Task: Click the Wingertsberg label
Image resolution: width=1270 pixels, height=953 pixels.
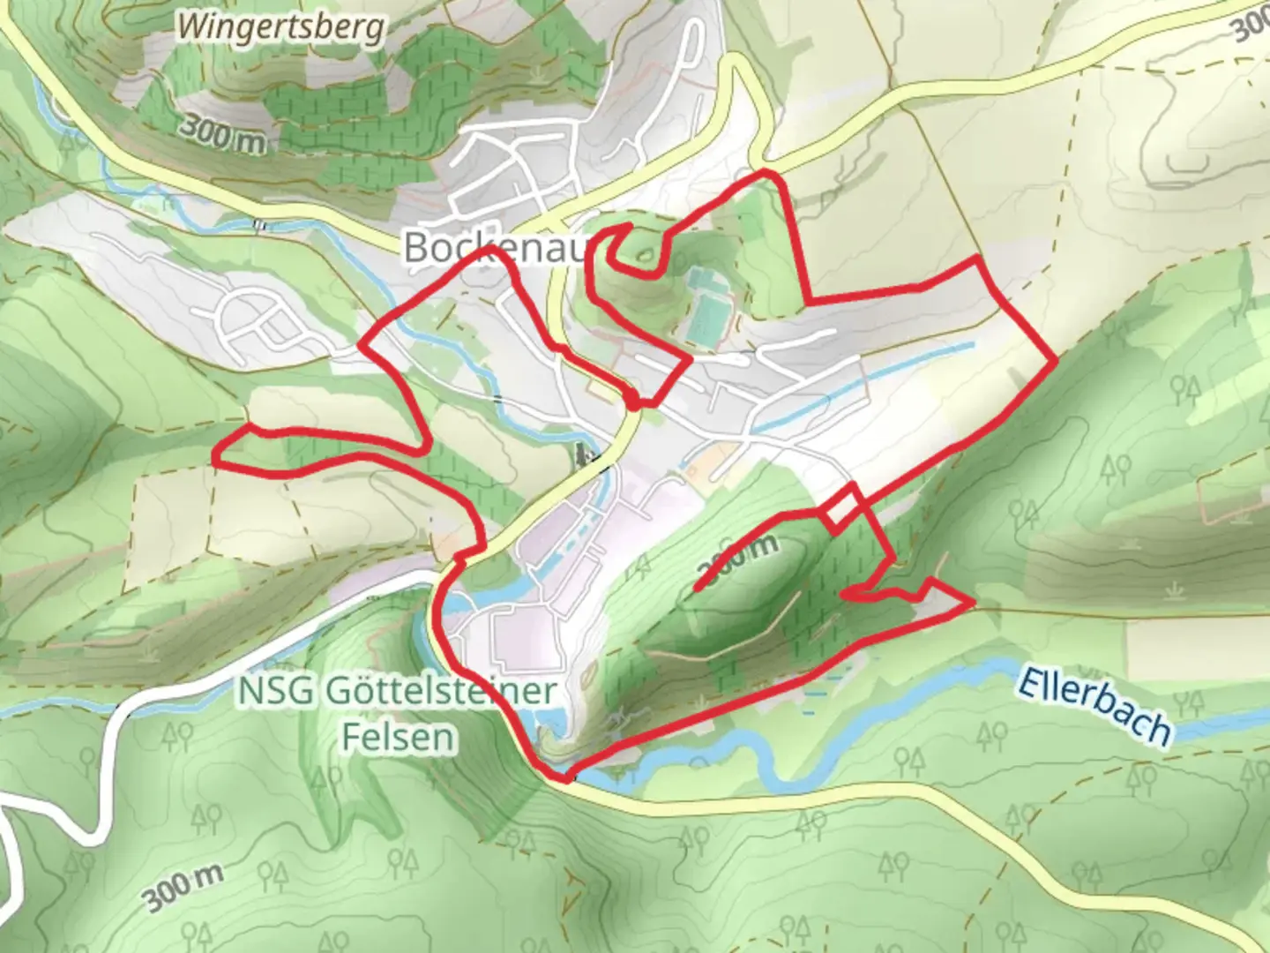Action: pos(281,27)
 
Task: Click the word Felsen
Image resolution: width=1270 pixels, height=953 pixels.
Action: pos(399,737)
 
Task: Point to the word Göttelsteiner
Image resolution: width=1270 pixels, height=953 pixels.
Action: pos(441,691)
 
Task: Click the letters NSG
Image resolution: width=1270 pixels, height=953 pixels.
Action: pos(276,691)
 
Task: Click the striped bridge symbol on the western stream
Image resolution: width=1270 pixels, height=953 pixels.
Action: pos(258,225)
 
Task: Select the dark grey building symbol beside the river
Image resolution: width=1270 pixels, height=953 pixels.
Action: pos(583,455)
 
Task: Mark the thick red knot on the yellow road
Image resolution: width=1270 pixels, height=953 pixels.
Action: pos(633,402)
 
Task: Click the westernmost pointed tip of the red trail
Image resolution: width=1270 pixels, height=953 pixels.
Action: pos(215,460)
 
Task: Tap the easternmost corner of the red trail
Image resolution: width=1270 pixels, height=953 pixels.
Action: pos(1055,361)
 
